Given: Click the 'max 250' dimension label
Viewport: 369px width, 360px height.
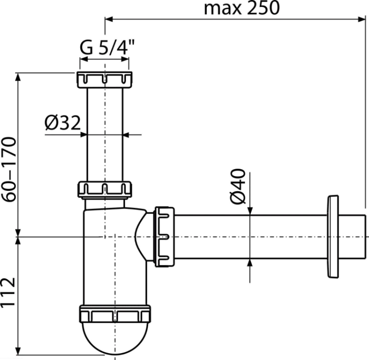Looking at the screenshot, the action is click(242, 8).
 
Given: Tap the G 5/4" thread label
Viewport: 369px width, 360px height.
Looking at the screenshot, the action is click(107, 47).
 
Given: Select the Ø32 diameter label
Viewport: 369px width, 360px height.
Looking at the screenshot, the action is click(63, 122).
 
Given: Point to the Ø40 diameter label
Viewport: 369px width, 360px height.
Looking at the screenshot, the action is click(238, 186).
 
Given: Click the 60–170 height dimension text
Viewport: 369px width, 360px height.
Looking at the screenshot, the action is click(9, 169).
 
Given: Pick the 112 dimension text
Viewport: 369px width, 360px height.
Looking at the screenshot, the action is click(8, 293).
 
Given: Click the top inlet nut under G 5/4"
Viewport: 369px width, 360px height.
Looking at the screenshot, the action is click(104, 80).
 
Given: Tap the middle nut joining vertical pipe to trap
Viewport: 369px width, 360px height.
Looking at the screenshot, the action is click(104, 189).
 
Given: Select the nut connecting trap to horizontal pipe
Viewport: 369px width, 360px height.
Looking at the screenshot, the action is click(164, 237).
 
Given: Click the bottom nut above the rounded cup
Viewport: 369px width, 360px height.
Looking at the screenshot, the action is click(115, 314).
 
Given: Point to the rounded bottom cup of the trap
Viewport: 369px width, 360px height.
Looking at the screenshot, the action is click(115, 338).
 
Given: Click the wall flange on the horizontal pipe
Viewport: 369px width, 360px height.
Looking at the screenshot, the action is click(333, 237).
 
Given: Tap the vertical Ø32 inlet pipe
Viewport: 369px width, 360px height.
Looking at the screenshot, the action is click(105, 135).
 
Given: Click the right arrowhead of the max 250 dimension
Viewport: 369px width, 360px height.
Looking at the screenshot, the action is click(362, 19).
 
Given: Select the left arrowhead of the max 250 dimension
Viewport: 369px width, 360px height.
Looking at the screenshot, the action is click(109, 19).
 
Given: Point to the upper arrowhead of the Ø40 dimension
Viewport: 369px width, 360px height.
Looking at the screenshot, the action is click(250, 211).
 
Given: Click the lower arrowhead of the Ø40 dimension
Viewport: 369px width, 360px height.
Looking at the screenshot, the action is click(250, 263).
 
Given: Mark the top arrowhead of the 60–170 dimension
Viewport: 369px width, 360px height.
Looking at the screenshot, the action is click(18, 77).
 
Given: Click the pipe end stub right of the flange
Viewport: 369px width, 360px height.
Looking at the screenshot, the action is click(352, 237).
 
